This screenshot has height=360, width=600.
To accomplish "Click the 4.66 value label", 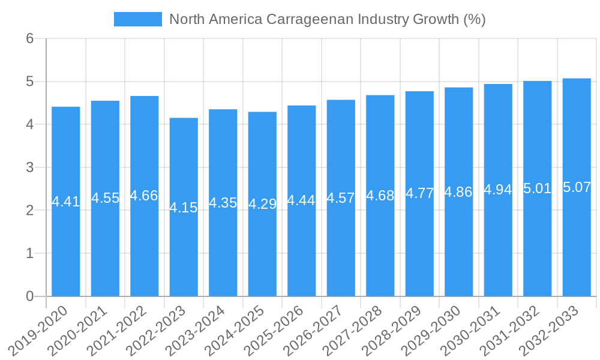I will tap(144, 196).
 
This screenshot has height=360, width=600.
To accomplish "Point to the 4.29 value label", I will tap(262, 204).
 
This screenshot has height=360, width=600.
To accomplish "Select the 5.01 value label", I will tap(537, 188).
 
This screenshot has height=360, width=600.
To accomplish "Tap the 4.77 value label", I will tap(419, 193).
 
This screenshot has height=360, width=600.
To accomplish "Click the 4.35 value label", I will tap(223, 203).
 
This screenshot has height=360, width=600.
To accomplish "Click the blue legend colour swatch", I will tap(138, 19).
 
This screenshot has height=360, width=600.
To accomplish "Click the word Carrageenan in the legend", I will tap(308, 19).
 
